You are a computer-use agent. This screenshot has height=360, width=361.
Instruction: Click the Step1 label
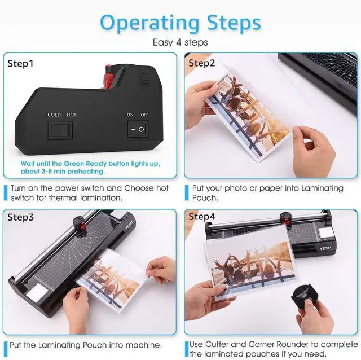[x=21, y=63]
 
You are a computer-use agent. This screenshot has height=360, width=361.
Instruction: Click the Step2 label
[x=202, y=63]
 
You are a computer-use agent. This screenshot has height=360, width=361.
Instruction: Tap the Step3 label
[x=21, y=217]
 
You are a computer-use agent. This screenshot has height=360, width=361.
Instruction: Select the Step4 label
[x=202, y=217]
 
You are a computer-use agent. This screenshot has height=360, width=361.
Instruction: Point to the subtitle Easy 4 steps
[x=180, y=42]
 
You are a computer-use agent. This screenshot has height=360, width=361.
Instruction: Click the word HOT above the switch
[x=72, y=115]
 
